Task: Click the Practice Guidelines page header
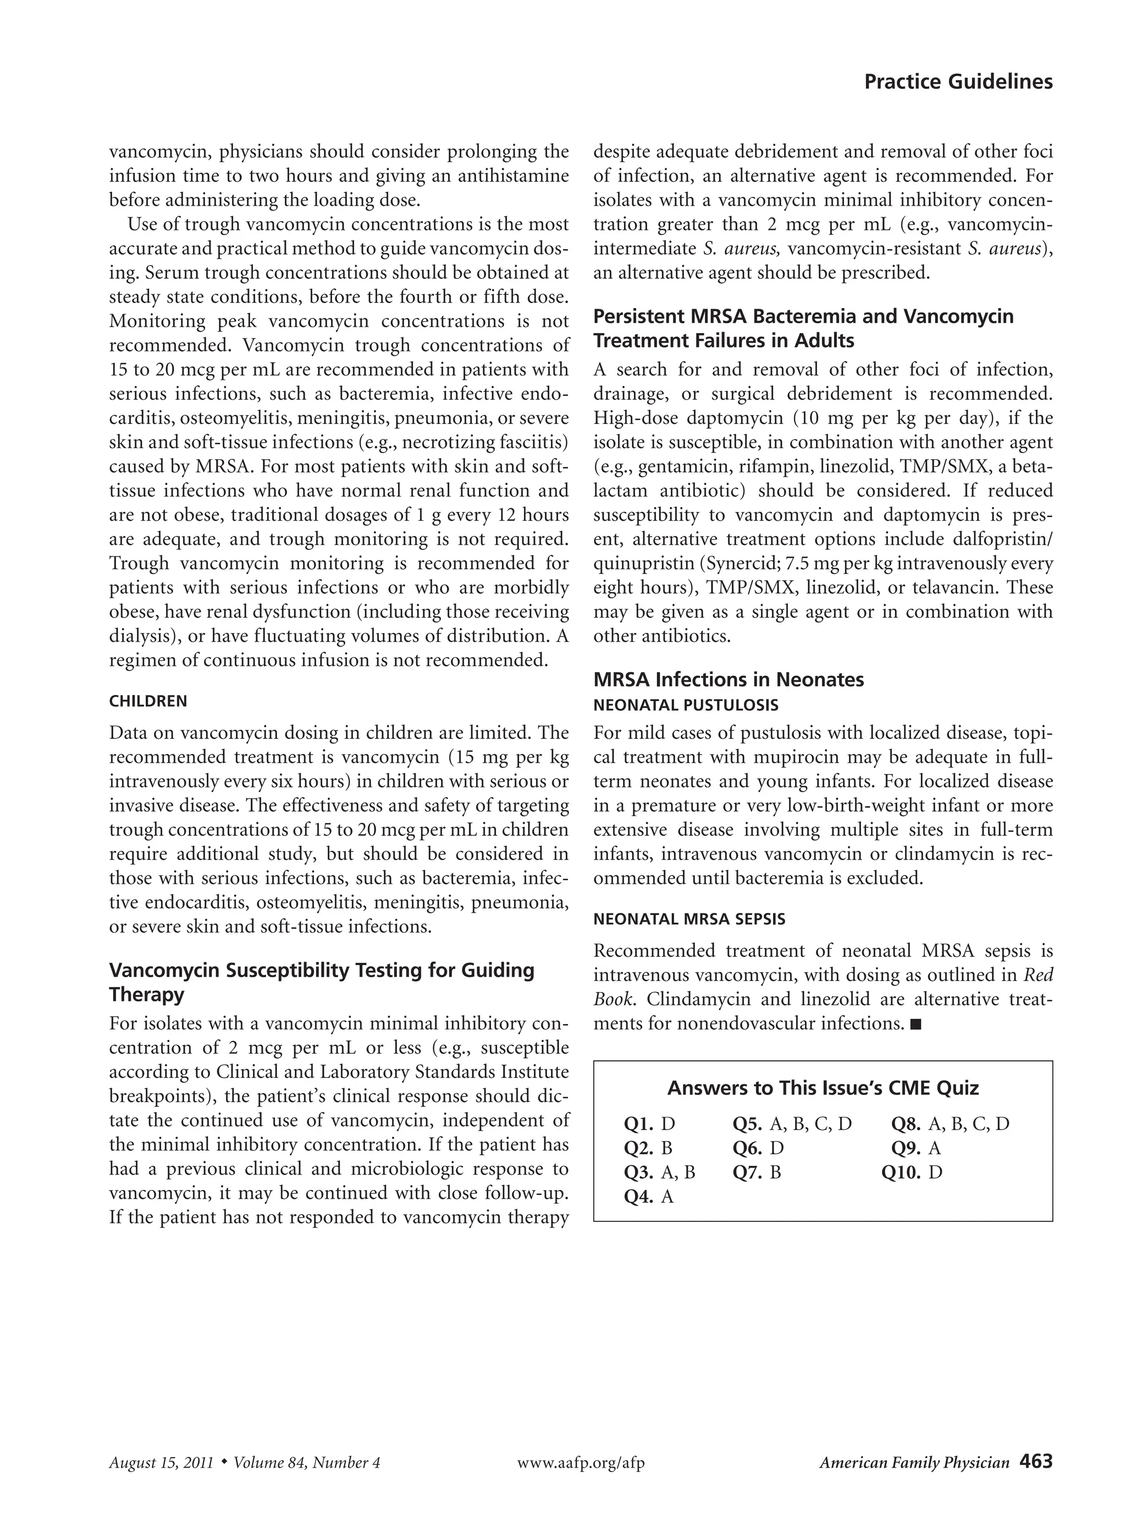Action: pos(958,82)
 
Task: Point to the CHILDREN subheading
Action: pos(148,701)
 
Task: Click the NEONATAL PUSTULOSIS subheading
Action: pos(686,705)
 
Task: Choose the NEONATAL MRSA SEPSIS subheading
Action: pos(689,919)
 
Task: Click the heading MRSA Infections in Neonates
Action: pos(728,680)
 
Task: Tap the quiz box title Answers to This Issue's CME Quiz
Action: pos(823,1088)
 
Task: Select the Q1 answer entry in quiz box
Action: pos(649,1124)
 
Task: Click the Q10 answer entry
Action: pos(911,1172)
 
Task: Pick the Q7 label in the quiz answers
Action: pos(747,1172)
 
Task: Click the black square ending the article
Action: pos(915,1024)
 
